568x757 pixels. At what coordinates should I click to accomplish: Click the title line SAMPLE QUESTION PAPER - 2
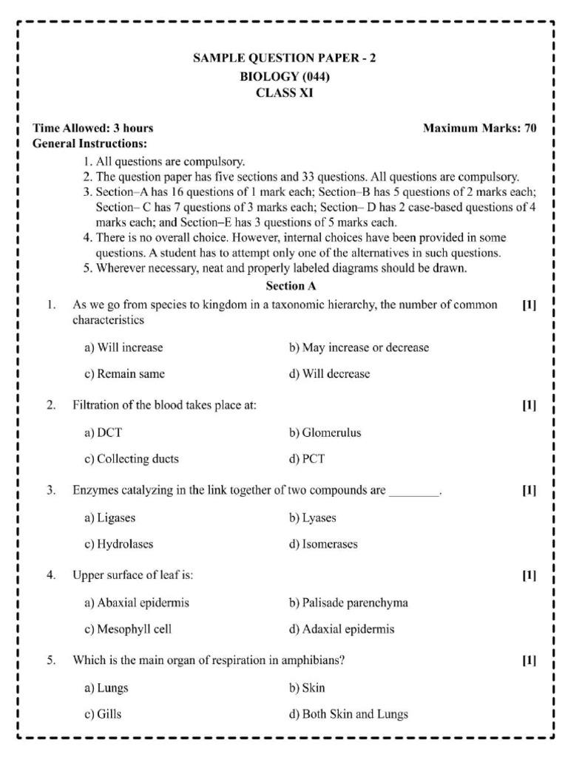[x=285, y=58]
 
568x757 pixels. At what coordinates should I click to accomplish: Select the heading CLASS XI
[x=285, y=93]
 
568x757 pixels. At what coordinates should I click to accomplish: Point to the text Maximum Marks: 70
[x=479, y=128]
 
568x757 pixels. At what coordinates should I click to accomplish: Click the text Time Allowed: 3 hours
[x=92, y=128]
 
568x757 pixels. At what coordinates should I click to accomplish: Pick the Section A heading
[x=285, y=285]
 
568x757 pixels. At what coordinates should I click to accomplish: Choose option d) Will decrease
[x=329, y=374]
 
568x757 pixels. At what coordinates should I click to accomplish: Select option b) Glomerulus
[x=325, y=433]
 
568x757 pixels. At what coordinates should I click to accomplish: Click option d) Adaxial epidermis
[x=341, y=630]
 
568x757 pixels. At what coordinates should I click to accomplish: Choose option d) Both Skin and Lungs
[x=348, y=714]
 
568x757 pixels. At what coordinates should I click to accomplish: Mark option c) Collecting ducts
[x=131, y=459]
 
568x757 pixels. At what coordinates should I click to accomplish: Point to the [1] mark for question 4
[x=529, y=575]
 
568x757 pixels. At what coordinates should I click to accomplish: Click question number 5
[x=51, y=660]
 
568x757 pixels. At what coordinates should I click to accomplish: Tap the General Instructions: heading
[x=89, y=143]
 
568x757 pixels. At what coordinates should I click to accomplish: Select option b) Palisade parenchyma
[x=348, y=603]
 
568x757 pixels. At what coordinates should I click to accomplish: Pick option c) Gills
[x=103, y=714]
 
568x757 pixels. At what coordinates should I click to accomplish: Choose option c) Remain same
[x=124, y=374]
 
